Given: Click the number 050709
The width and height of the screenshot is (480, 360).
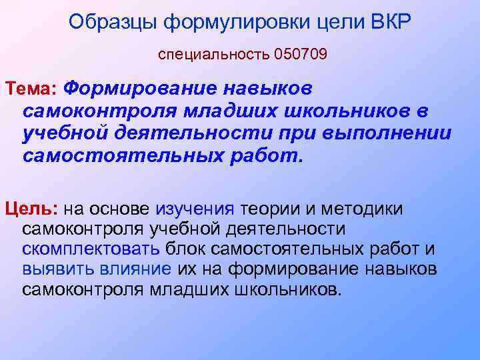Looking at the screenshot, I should click(300, 54).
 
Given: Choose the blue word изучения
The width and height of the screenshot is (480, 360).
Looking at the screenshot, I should click(195, 209).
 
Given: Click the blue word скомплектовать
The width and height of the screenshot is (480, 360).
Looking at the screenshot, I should click(90, 250).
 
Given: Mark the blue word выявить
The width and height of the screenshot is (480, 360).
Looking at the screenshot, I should click(54, 270).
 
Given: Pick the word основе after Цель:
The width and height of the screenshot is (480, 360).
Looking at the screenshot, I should click(124, 209).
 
